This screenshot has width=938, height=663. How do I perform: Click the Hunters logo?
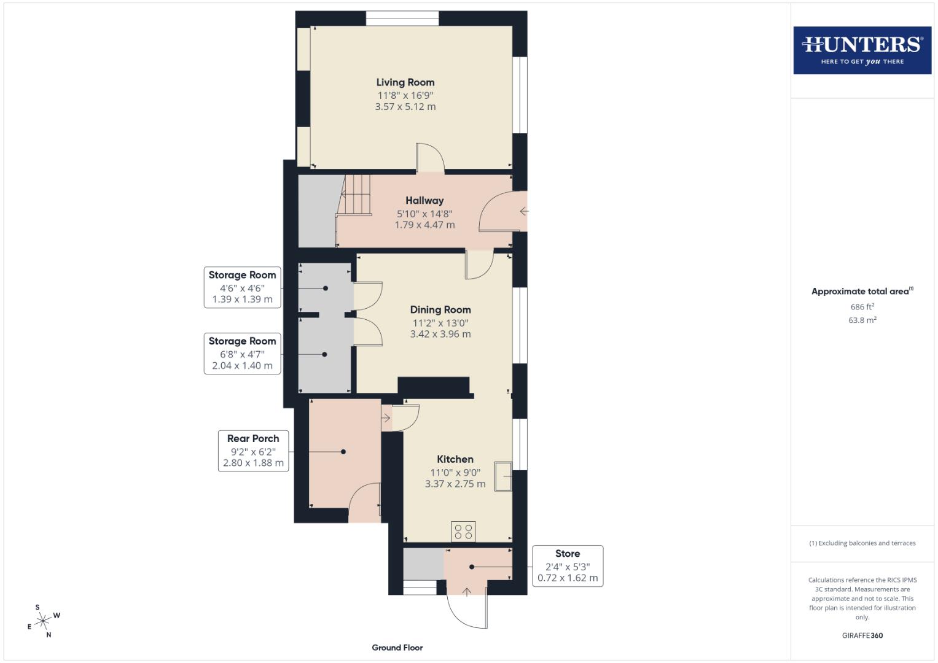point(862,50)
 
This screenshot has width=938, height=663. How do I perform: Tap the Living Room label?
point(405,82)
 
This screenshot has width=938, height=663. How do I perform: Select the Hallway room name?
point(424,201)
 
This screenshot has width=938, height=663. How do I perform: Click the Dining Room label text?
point(440,310)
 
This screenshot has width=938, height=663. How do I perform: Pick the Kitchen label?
point(455,459)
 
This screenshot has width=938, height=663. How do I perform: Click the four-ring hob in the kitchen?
point(463,532)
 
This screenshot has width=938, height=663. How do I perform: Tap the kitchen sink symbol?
point(503,476)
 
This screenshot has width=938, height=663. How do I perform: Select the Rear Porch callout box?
point(253,451)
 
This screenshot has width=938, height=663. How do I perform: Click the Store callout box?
point(568,566)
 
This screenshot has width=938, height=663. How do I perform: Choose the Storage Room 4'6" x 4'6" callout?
point(242,287)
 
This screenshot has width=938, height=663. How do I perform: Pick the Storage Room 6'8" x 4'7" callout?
point(242,353)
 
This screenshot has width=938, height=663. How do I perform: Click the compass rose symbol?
point(43,621)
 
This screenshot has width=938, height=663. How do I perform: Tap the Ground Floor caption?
point(397,648)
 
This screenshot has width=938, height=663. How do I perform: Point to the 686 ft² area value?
point(862,306)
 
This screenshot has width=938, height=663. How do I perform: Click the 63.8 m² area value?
point(862,320)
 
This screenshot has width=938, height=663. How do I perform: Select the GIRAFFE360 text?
point(862,635)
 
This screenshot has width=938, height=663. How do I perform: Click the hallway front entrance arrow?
point(524,211)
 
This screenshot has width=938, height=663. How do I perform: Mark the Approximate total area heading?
point(862,292)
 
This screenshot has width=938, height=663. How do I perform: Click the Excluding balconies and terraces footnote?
point(862,543)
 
